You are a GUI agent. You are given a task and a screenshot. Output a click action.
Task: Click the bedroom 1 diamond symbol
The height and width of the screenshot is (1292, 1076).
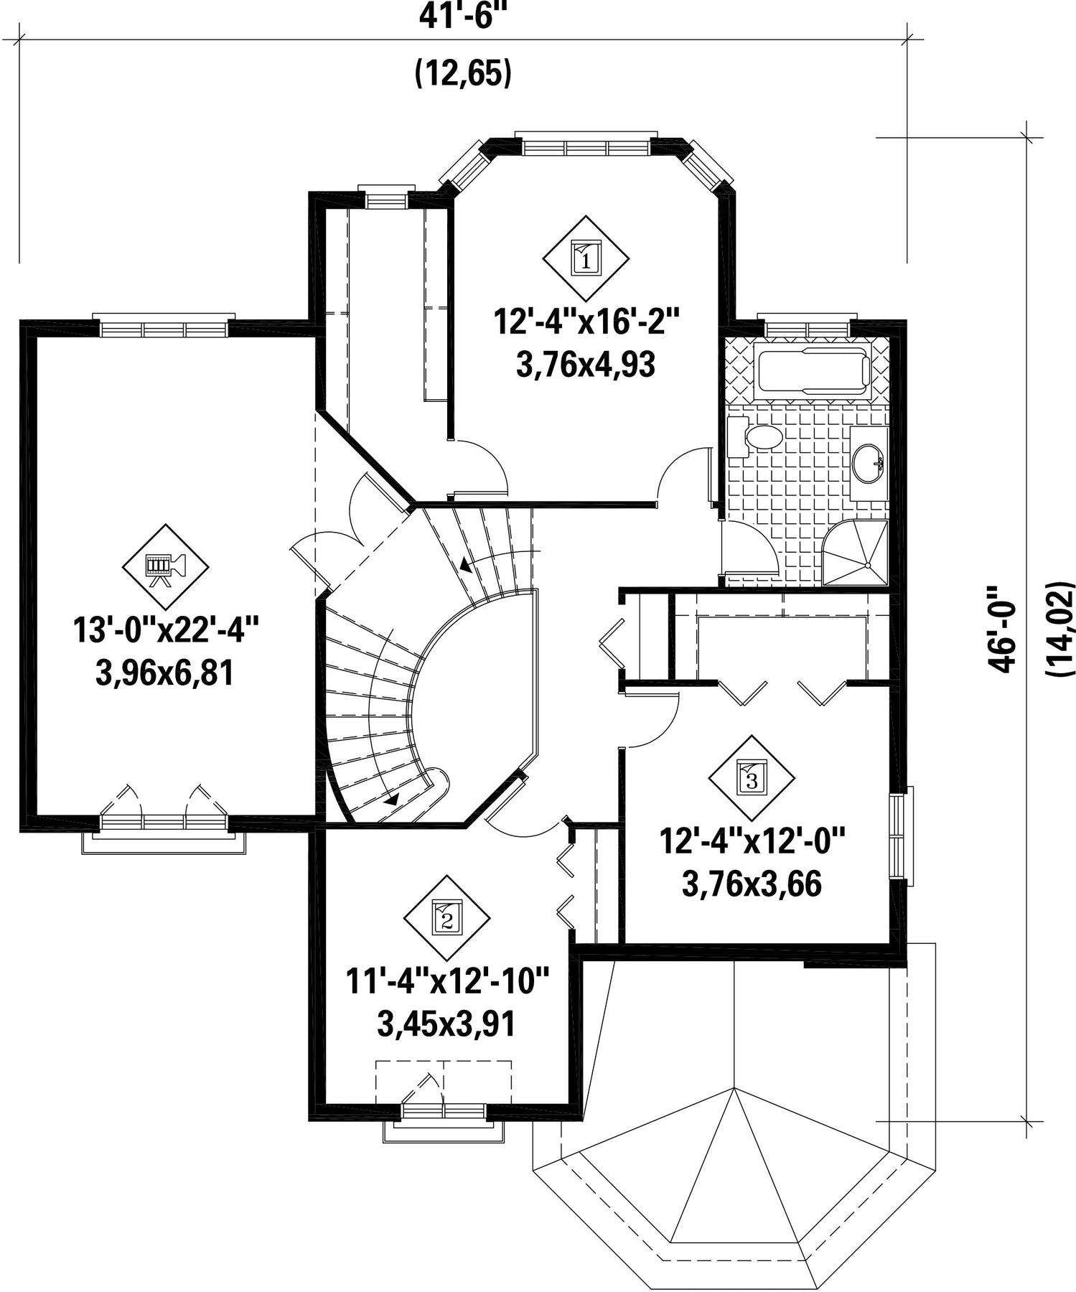coord(586,258)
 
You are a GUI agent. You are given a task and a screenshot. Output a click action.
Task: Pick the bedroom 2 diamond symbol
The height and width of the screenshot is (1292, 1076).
coord(447,918)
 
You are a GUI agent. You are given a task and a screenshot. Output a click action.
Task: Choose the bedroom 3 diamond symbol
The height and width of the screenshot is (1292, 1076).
coord(752,778)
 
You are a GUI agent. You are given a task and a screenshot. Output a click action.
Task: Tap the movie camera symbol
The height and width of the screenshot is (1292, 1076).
coord(166,567)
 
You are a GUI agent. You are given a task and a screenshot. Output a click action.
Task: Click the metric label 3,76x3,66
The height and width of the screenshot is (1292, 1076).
coord(752,884)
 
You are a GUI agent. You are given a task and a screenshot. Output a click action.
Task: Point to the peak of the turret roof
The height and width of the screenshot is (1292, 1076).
coord(734,1088)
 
